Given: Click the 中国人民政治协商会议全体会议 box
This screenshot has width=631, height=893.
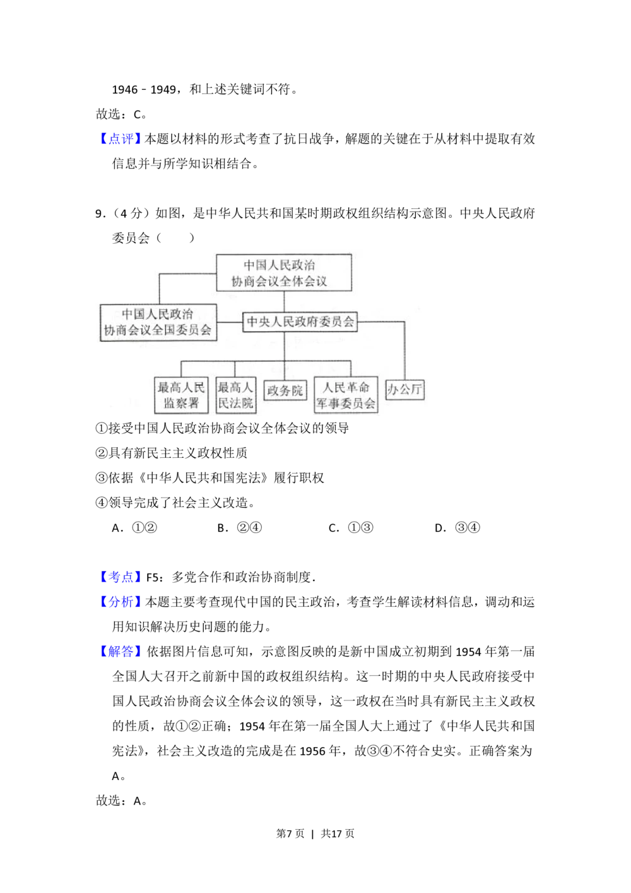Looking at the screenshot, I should pos(283,273).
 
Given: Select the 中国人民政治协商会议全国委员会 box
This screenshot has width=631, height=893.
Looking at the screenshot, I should pos(158,322).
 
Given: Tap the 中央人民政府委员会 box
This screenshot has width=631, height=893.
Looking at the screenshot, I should pos(300,321).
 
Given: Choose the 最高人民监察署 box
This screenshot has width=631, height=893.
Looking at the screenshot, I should pos(181,395).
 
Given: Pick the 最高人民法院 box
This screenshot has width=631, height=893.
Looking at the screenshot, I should pos(235,395).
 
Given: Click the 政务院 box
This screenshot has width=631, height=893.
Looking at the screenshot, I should pos(285,391).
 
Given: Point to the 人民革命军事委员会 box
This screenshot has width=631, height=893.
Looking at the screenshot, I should pos(346,395).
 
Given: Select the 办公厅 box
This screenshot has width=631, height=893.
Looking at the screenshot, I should pos(404,390).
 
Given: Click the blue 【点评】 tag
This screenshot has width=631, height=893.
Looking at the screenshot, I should pos(121,139).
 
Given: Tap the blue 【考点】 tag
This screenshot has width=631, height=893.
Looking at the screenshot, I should pos(121,577).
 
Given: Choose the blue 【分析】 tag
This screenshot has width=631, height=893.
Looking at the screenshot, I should pos(121,602).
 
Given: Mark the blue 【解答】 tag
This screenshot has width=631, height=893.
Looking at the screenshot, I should pos(121,651).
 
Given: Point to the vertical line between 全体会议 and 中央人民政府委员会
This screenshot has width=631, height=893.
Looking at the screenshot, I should pos(283,301).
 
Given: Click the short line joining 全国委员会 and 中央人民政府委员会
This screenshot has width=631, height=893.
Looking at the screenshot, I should pos(230,322).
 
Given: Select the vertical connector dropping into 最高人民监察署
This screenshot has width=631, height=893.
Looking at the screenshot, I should pos(181,369).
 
